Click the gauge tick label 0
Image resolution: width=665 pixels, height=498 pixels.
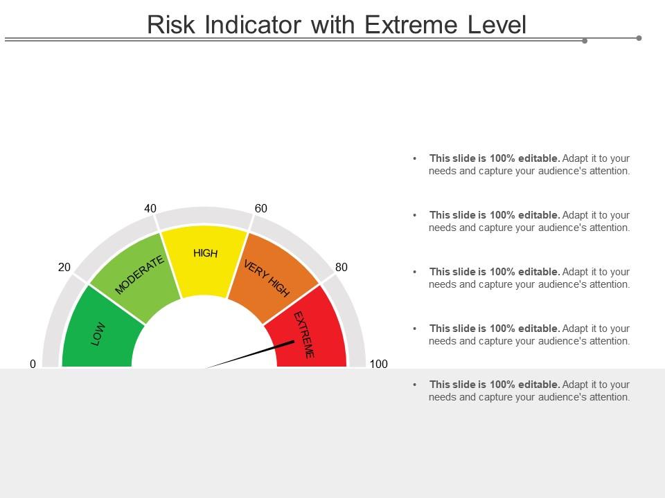coord(33,364)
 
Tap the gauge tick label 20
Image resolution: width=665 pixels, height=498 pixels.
coord(64,267)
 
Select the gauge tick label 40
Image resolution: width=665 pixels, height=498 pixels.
coord(150,208)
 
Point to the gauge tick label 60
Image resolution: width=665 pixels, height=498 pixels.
coord(261,208)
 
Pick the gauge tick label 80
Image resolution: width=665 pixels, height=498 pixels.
coord(342,267)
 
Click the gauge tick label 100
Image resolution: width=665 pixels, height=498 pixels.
coord(378,364)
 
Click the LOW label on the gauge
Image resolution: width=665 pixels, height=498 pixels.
coord(98,334)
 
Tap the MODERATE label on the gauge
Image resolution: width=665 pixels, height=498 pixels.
coord(139,275)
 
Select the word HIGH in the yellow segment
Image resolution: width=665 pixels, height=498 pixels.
coord(205,253)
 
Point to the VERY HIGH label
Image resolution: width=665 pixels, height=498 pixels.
coord(267,278)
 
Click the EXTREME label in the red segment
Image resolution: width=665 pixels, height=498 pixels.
coord(304,335)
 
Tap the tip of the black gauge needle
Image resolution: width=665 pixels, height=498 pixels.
coord(293,341)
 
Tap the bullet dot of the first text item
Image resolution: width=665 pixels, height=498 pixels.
coord(414,158)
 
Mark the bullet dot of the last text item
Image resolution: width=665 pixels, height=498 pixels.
coord(414,385)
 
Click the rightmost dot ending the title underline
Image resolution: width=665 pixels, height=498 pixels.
coord(639,38)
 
